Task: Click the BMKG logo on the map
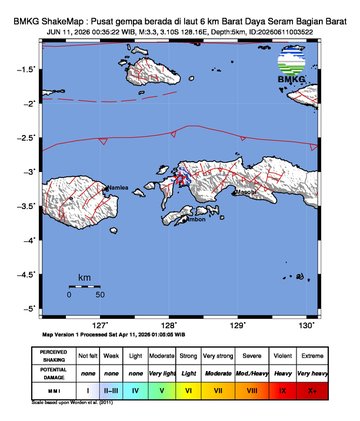coord(293,70)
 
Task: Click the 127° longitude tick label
coord(100,325)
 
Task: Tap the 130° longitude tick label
coord(307,325)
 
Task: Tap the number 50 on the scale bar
coord(100,295)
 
